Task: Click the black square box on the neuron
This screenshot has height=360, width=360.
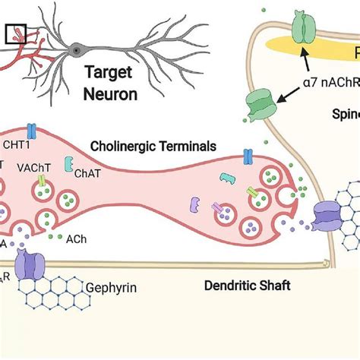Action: click(x=15, y=33)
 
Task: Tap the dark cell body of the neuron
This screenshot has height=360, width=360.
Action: click(x=77, y=50)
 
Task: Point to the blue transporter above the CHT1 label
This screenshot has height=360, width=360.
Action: click(x=31, y=131)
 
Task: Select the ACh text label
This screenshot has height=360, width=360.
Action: click(x=76, y=238)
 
